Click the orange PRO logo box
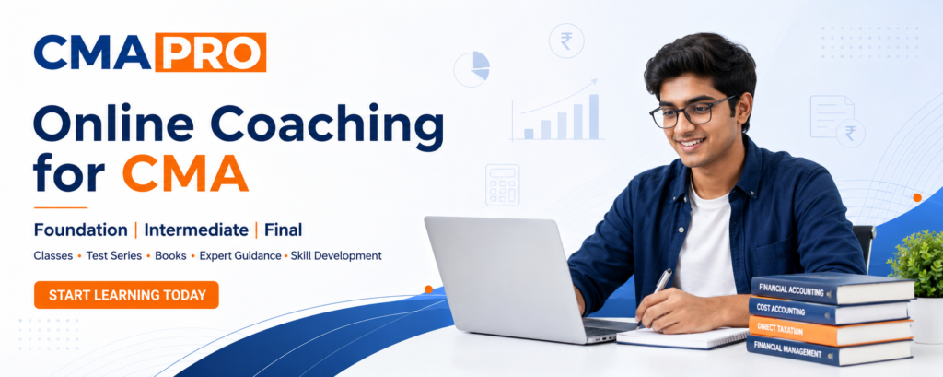pyautogui.click(x=211, y=53)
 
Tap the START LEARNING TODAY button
pyautogui.click(x=126, y=295)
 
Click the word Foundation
pyautogui.click(x=81, y=230)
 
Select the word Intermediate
pyautogui.click(x=196, y=230)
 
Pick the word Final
pyautogui.click(x=284, y=230)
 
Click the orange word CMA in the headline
pyautogui.click(x=185, y=173)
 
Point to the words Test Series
pyautogui.click(x=113, y=256)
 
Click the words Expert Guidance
pyautogui.click(x=240, y=256)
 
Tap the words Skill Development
pyautogui.click(x=336, y=256)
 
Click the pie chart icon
pyautogui.click(x=471, y=68)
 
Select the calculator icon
pyautogui.click(x=502, y=185)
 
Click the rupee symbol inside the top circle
pyautogui.click(x=566, y=41)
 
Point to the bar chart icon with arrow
pyautogui.click(x=556, y=111)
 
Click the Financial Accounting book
pyautogui.click(x=832, y=289)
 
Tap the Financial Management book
pyautogui.click(x=829, y=351)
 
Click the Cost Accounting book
pyautogui.click(x=829, y=310)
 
